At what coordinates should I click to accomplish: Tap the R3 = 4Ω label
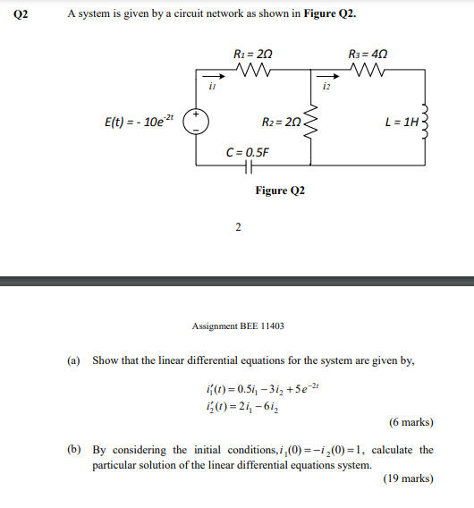click(368, 55)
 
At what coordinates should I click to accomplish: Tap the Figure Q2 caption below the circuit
click(280, 190)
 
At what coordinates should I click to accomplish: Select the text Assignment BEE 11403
click(237, 326)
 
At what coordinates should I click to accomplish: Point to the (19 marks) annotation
click(408, 478)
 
